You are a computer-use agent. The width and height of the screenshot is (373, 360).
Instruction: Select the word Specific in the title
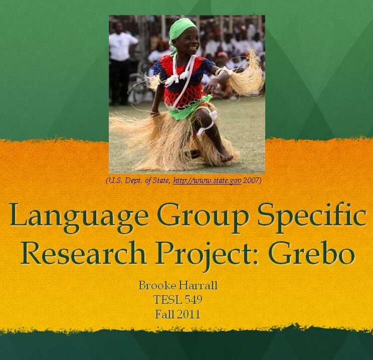(x=312, y=214)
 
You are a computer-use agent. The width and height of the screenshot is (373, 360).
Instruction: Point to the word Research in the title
(x=83, y=253)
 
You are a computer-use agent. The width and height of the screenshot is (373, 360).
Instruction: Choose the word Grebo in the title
(x=311, y=253)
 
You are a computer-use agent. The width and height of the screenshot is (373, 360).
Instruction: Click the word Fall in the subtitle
(x=163, y=314)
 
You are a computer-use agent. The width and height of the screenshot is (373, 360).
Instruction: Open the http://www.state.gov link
(x=207, y=181)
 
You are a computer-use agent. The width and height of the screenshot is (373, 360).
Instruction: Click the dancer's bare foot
(x=226, y=157)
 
